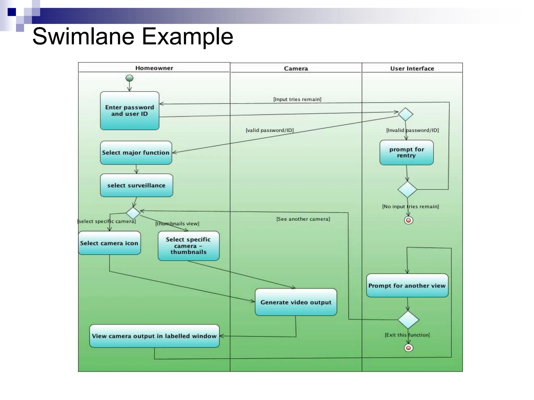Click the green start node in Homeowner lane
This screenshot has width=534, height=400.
pos(129,78)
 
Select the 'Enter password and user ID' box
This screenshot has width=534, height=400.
pos(130,111)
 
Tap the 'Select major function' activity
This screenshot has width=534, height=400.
pos(136,153)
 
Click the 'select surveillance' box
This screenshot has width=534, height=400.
pos(136,185)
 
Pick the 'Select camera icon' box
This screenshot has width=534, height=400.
pos(109,243)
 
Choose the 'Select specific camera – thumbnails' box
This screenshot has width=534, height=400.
pos(189,246)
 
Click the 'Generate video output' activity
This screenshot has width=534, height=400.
pos(296,302)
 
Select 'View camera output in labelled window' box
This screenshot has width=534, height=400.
pos(154,336)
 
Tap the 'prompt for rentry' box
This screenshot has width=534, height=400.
pos(406,153)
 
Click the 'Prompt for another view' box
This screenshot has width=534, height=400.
pos(407,285)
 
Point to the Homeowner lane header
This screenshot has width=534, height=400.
pos(154,68)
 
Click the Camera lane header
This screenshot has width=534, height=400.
pos(296,68)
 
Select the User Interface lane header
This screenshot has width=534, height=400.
pos(412,68)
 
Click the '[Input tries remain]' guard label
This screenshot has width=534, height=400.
pos(297,99)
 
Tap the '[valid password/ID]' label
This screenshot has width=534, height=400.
pos(270,130)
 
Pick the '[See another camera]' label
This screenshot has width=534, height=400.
pos(303,219)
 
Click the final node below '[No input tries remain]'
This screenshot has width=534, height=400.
pos(409,220)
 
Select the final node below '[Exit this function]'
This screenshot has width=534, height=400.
pos(409,348)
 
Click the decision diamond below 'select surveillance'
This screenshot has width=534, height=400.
pos(133,213)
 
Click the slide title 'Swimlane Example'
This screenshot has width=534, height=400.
pos(133,36)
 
